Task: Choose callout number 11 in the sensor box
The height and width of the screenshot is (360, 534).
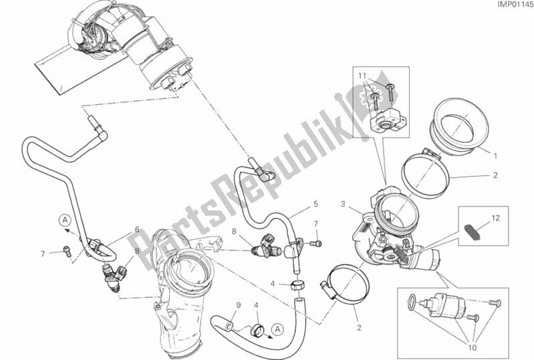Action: pyautogui.click(x=362, y=77)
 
